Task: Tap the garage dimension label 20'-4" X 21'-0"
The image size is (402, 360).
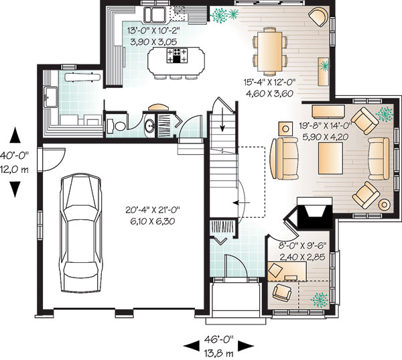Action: (x=153, y=210)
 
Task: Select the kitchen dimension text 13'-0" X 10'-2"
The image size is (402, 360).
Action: (x=153, y=31)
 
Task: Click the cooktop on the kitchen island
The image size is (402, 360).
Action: (x=177, y=56)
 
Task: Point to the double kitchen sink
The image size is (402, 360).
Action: (x=155, y=15)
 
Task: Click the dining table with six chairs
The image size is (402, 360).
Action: (x=270, y=52)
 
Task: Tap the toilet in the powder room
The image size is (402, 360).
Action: (x=116, y=126)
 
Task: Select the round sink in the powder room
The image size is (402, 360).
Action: (x=149, y=126)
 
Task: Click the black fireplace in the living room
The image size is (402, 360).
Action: (x=312, y=213)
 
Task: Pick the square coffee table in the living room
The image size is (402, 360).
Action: (x=330, y=158)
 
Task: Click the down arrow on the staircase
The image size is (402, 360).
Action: (x=222, y=120)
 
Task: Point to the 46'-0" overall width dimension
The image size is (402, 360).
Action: (x=218, y=339)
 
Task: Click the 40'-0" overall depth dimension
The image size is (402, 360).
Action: (x=14, y=156)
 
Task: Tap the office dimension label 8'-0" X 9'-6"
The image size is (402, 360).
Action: (x=302, y=246)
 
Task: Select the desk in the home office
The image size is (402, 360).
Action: (x=287, y=272)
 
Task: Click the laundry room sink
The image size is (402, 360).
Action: (x=50, y=97)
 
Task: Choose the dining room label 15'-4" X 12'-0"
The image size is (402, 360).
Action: (x=270, y=82)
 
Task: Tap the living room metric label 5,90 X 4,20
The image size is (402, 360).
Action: (x=326, y=137)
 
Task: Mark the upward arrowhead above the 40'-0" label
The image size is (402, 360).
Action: (x=15, y=135)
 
